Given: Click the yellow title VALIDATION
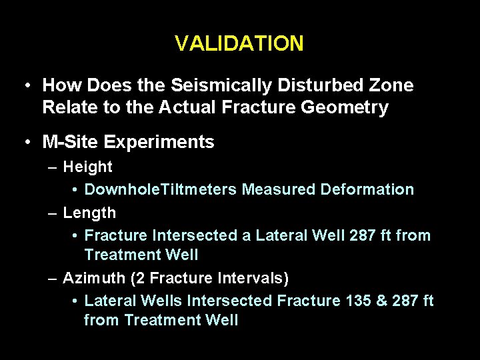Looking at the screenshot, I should pos(239,44).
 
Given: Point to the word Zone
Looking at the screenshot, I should pos(390,86).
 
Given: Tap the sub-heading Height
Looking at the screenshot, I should pos(87,167).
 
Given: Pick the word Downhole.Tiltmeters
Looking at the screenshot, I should pos(160,190).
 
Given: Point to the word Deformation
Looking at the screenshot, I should pos(367,190).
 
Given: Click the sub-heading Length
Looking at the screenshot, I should pos(89,213).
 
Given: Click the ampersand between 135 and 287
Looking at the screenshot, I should pos(383,301).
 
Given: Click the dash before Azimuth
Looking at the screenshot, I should pos(53,277).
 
